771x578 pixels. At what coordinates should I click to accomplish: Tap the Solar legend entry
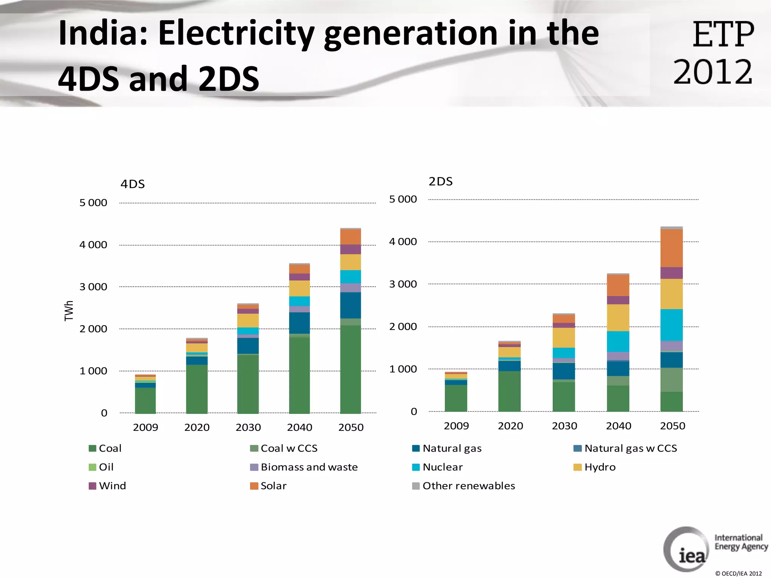click(268, 486)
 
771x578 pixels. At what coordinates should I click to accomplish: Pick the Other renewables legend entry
click(464, 486)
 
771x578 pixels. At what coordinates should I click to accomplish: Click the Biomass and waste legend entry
click(304, 467)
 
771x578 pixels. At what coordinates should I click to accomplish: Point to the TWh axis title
click(69, 310)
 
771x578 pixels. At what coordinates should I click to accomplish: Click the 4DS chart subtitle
click(133, 184)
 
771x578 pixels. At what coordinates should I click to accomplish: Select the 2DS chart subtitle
click(440, 181)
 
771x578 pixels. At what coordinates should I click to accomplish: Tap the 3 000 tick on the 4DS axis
click(93, 287)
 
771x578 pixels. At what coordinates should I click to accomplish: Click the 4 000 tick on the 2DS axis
click(403, 242)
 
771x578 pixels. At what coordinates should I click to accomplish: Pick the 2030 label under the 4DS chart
click(248, 427)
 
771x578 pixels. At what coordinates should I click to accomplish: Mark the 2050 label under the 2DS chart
click(672, 426)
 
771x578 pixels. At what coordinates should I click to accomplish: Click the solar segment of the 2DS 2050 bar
click(672, 248)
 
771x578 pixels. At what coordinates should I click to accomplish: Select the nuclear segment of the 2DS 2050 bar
click(672, 325)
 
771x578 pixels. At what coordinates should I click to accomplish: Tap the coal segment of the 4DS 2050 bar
click(350, 369)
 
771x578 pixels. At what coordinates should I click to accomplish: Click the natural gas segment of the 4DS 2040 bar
click(299, 323)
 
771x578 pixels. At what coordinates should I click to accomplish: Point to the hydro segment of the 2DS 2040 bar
click(618, 318)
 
